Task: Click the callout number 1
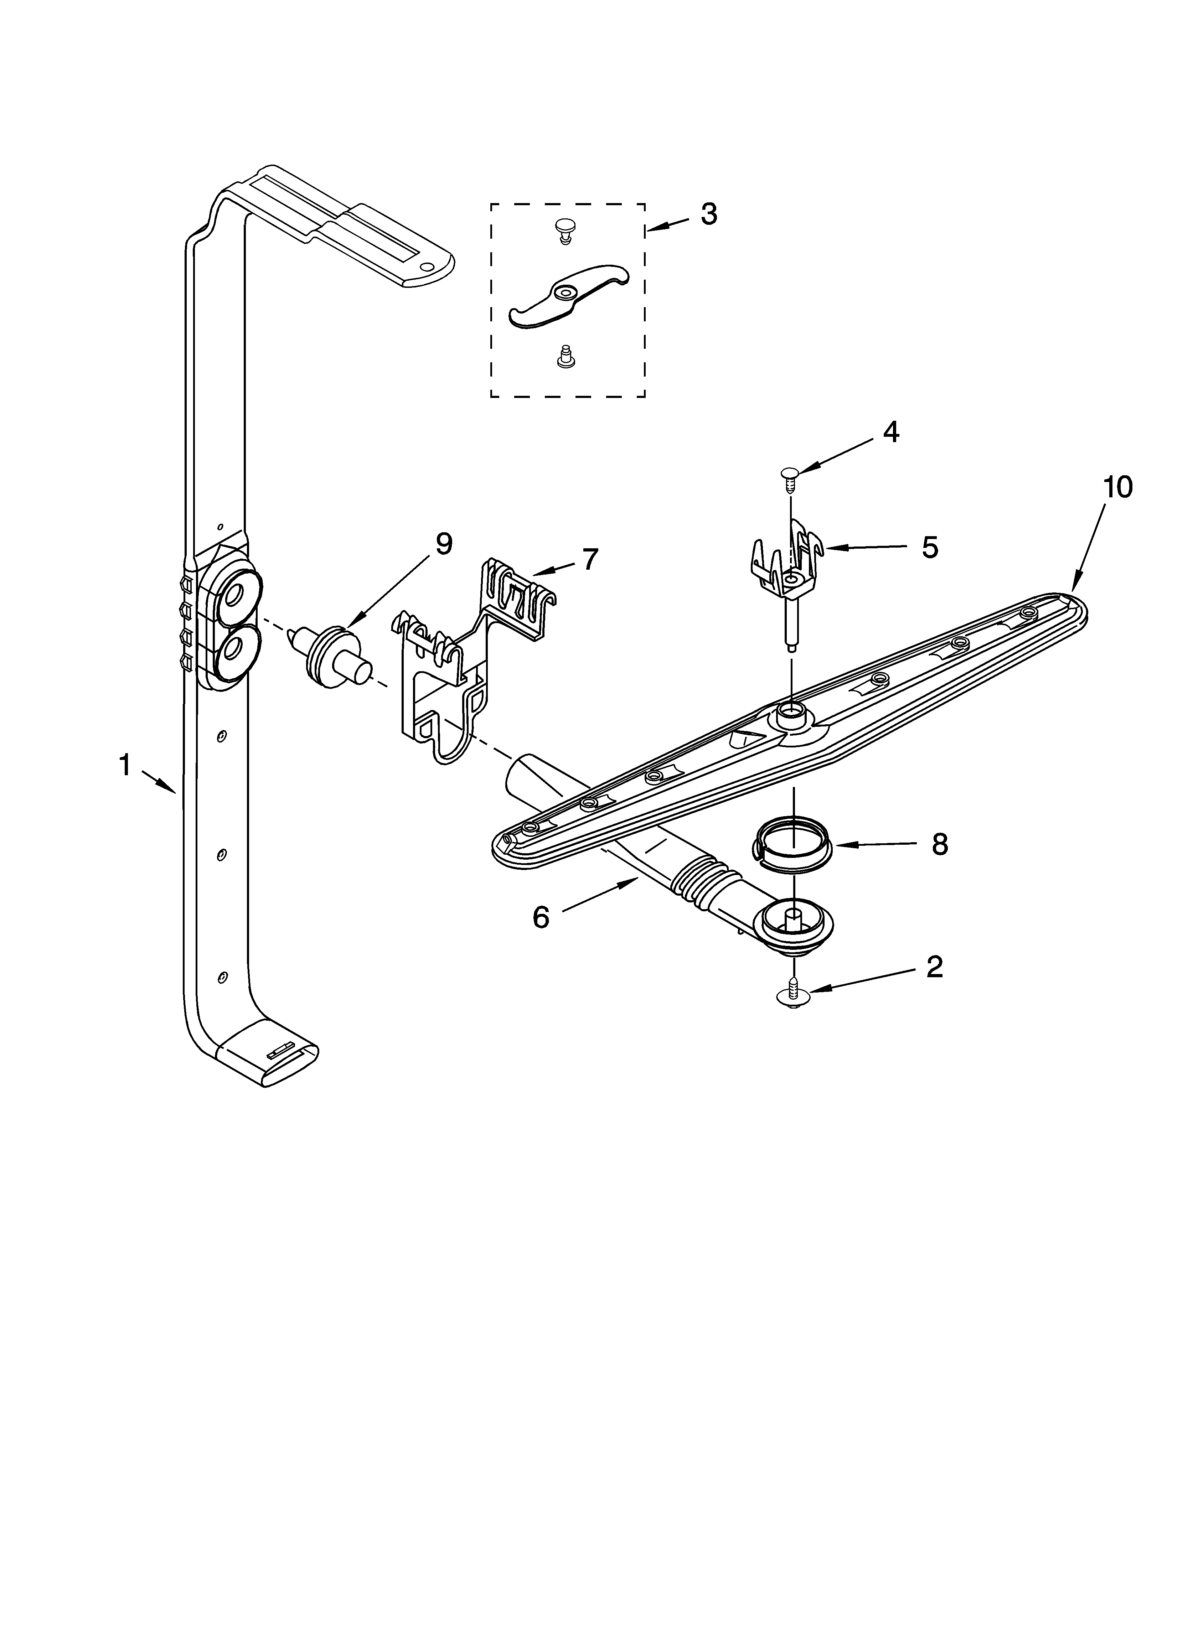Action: coord(125,765)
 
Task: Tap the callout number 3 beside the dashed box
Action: coord(708,214)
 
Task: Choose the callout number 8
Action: coord(939,844)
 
